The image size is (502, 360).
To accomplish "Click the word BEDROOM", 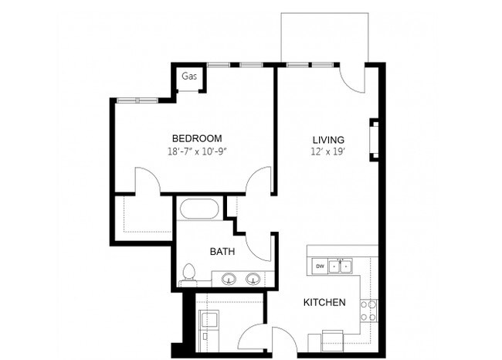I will [197, 138].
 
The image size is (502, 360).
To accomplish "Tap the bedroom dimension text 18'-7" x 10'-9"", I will [197, 152].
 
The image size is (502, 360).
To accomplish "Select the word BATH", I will [222, 251].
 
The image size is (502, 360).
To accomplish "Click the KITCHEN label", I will [324, 302].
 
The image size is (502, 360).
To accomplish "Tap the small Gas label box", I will [189, 76].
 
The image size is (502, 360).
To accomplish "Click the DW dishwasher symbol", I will [319, 267].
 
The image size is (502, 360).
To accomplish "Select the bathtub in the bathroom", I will [200, 209].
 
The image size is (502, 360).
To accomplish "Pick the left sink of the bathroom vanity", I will [228, 279].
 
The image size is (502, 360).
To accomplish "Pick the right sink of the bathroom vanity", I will [253, 279].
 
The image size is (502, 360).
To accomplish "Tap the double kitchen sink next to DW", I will [341, 267].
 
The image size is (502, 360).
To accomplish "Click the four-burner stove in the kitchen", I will [369, 310].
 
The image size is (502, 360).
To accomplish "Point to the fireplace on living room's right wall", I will [375, 139].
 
